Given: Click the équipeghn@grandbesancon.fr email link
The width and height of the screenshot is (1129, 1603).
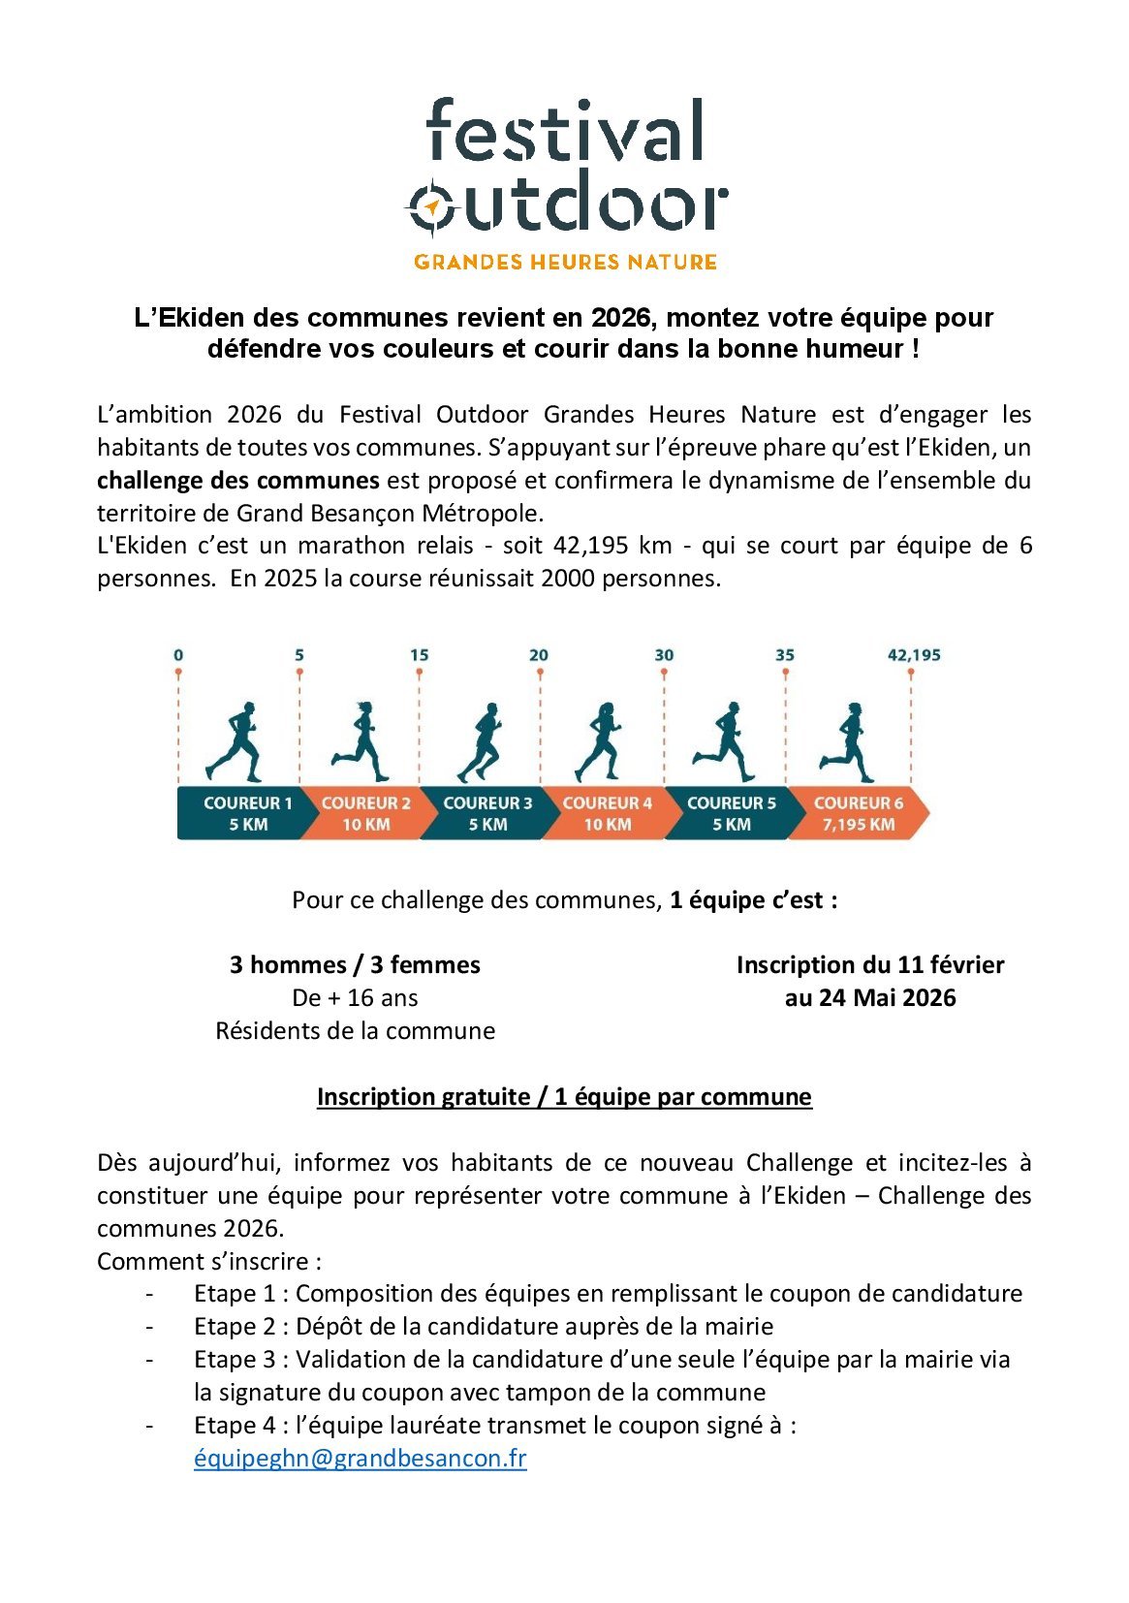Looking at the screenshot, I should (x=360, y=1459).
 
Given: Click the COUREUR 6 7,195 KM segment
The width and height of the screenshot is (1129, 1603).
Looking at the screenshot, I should (x=858, y=814).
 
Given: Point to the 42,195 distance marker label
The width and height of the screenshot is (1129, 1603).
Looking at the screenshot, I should (x=913, y=655).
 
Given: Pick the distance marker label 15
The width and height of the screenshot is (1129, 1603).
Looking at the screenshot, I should (x=419, y=655).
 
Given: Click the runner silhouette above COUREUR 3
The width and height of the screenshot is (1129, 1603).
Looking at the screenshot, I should (x=482, y=741).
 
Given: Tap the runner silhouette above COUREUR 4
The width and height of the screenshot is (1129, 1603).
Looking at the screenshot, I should (x=599, y=741).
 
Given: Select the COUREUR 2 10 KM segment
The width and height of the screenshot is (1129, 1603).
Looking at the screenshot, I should (x=365, y=814).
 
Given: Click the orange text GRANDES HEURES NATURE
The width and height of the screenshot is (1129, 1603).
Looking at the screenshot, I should (x=565, y=262).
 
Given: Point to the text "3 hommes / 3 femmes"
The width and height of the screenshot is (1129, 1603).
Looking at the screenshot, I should (x=355, y=965).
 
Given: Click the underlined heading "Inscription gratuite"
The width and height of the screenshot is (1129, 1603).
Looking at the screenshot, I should (x=423, y=1097).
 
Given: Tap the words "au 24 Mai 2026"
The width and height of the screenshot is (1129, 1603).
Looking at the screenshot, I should (x=869, y=998).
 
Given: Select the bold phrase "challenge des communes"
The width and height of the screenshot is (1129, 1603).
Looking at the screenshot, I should (x=237, y=481).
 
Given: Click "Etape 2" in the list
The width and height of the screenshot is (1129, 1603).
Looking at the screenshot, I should (x=235, y=1327).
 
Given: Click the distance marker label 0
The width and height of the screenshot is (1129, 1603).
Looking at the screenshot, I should (x=178, y=655).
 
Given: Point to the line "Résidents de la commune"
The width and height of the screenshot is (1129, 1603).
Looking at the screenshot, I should (x=355, y=1031).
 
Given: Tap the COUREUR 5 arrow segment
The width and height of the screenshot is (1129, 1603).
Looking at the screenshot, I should (x=731, y=814).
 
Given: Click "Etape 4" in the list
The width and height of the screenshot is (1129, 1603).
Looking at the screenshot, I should (x=235, y=1426).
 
